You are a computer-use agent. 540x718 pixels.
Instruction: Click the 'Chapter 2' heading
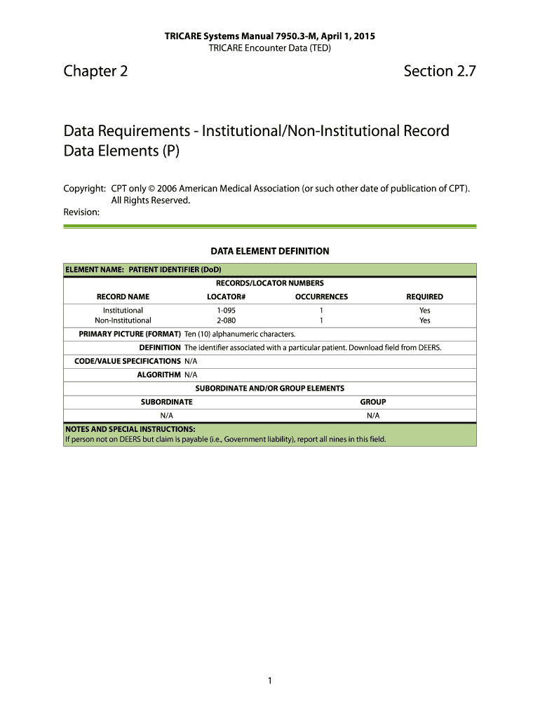pyautogui.click(x=95, y=71)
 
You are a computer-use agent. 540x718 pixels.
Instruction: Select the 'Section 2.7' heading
pyautogui.click(x=440, y=71)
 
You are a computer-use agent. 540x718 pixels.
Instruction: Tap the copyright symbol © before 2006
pyautogui.click(x=151, y=189)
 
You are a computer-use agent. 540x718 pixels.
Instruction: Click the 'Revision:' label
pyautogui.click(x=81, y=211)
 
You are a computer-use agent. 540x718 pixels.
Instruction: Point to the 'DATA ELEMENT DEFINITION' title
pyautogui.click(x=270, y=250)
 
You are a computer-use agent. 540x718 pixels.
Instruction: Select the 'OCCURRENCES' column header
pyautogui.click(x=321, y=297)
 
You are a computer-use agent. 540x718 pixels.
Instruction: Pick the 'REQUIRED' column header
pyautogui.click(x=424, y=297)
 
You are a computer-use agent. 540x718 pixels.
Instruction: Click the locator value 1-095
pyautogui.click(x=226, y=310)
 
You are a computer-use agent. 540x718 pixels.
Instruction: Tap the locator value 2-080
pyautogui.click(x=226, y=320)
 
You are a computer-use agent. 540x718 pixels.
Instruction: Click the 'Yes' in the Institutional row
pyautogui.click(x=425, y=310)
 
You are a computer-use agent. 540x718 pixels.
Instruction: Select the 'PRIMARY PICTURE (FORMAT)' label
pyautogui.click(x=130, y=334)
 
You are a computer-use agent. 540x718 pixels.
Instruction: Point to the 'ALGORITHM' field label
pyautogui.click(x=158, y=374)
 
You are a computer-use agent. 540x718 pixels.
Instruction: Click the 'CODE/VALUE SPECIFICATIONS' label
pyautogui.click(x=128, y=361)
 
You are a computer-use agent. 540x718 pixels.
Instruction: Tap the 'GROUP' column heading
pyautogui.click(x=373, y=402)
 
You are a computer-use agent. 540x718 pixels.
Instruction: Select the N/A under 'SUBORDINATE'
pyautogui.click(x=167, y=415)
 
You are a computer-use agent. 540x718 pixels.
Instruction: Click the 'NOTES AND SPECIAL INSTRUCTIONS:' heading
pyautogui.click(x=130, y=429)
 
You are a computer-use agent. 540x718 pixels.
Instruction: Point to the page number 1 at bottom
pyautogui.click(x=270, y=680)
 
